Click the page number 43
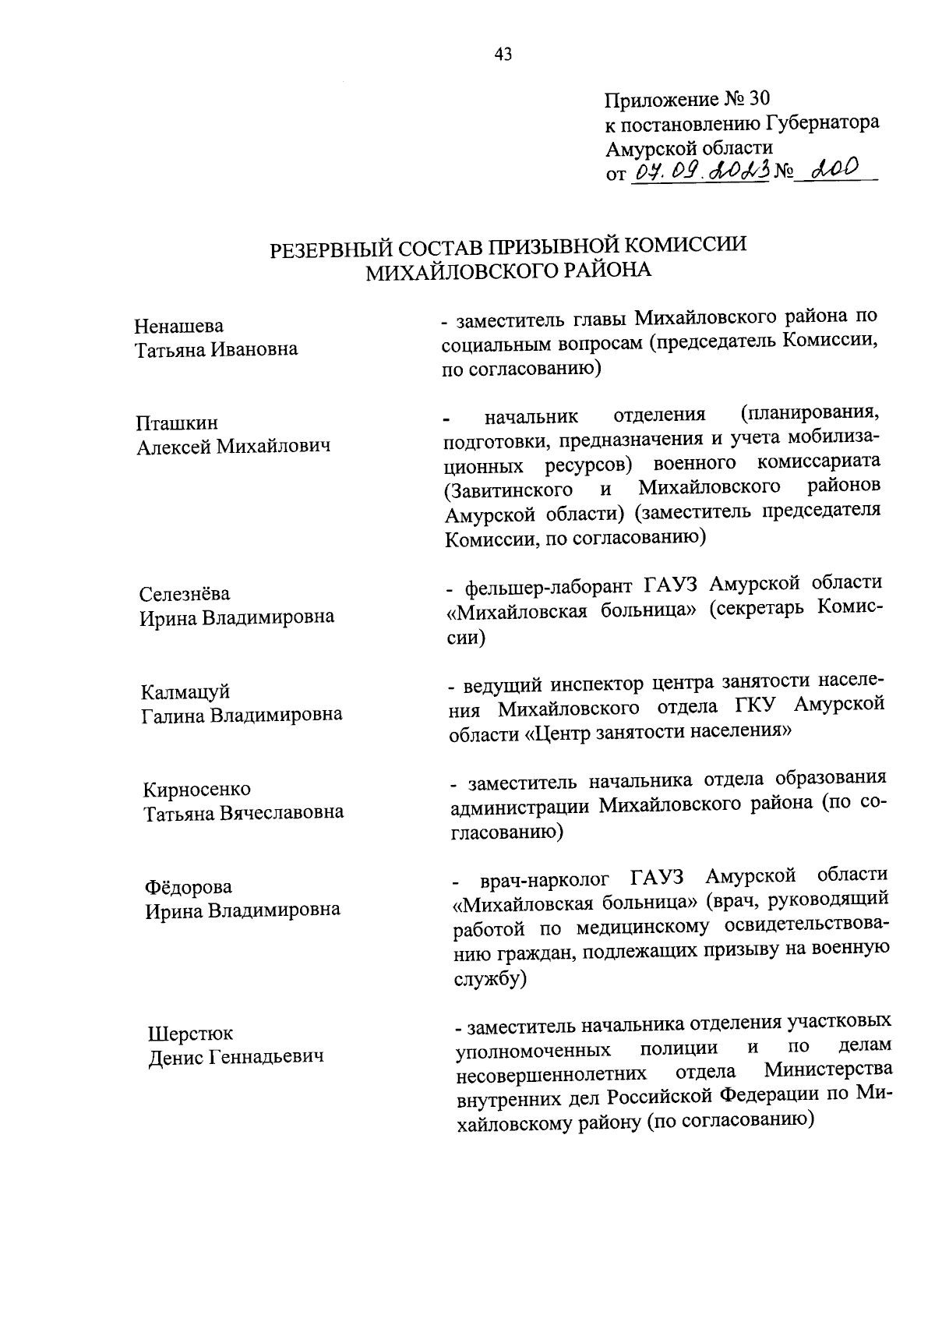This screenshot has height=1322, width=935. (x=503, y=54)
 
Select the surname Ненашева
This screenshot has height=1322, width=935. (x=178, y=326)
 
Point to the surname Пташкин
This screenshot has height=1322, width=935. (x=177, y=423)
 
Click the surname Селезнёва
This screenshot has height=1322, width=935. (x=185, y=594)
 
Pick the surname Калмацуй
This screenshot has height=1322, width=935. (x=185, y=692)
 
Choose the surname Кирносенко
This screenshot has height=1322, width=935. (x=197, y=790)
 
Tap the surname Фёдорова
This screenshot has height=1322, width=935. (x=188, y=888)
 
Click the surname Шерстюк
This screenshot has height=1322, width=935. (x=190, y=1034)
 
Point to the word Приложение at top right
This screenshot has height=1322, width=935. (x=662, y=100)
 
